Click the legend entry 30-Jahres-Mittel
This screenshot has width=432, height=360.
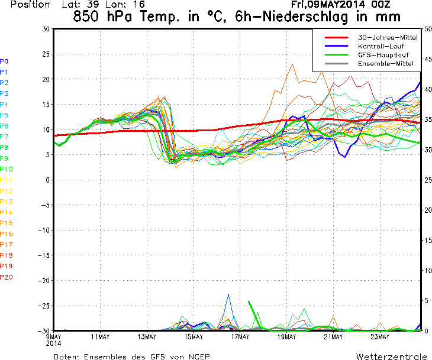click(x=388, y=37)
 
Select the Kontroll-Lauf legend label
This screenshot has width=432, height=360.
click(x=381, y=46)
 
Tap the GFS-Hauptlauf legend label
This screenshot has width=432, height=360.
click(x=383, y=55)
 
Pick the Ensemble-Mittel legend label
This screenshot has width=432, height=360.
click(x=386, y=64)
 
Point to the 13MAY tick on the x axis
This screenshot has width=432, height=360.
click(x=147, y=336)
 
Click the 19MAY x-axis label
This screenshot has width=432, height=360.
click(x=286, y=336)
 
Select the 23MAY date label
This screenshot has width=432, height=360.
click(x=380, y=336)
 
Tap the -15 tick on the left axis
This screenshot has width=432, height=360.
click(x=44, y=255)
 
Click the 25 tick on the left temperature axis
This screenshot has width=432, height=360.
click(x=46, y=54)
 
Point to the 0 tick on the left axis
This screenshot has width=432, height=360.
click(x=48, y=180)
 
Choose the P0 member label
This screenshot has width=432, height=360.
click(x=4, y=61)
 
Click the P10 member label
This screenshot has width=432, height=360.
click(x=6, y=169)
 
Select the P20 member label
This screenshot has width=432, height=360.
click(x=7, y=277)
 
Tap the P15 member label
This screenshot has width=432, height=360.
click(x=7, y=223)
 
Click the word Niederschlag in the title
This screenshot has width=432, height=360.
click(x=305, y=17)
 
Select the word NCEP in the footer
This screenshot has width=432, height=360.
click(x=199, y=357)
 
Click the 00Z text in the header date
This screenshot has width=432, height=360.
click(x=380, y=4)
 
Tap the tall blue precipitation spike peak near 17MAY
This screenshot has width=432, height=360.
click(x=228, y=294)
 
